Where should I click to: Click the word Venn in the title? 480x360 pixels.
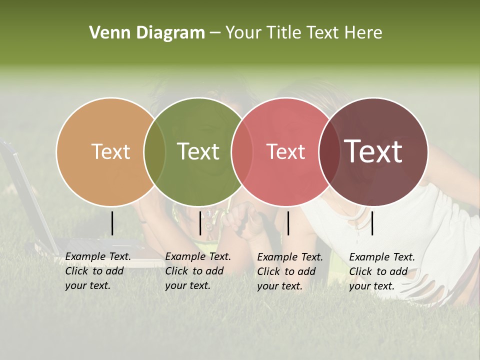[106, 33]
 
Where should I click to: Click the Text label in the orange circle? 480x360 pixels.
[110, 152]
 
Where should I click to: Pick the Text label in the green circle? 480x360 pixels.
[198, 152]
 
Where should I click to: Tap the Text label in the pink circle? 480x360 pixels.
[285, 152]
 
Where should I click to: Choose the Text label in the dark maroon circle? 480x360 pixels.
[373, 151]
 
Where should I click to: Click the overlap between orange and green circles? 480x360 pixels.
[154, 152]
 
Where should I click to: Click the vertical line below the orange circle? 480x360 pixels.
[112, 223]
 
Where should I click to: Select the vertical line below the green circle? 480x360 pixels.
[200, 223]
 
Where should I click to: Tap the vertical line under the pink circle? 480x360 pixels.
[288, 223]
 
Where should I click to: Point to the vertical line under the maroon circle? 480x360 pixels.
[372, 223]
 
